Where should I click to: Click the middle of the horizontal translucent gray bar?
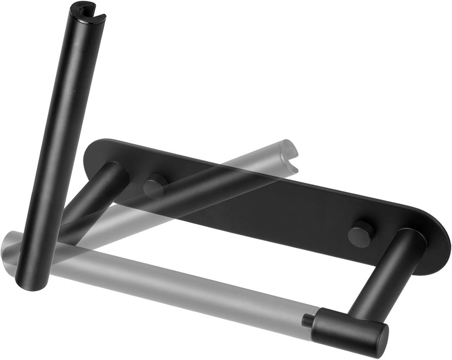167,285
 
